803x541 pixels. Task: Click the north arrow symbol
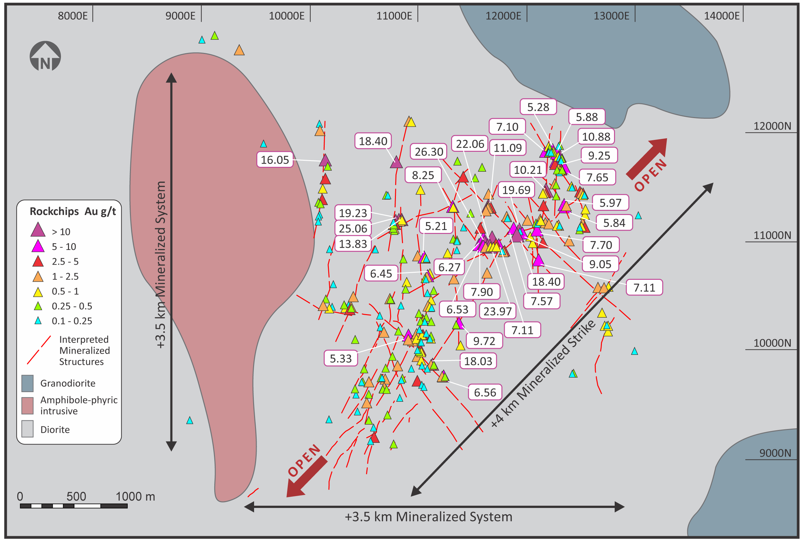pos(45,56)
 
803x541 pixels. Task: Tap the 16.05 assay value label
pos(275,160)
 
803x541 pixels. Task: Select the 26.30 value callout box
pos(428,152)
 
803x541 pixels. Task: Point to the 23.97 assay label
pos(497,311)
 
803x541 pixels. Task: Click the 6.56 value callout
pos(485,392)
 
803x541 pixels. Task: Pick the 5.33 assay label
pos(340,358)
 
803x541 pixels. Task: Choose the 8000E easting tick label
pos(73,16)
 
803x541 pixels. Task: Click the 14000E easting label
pos(722,16)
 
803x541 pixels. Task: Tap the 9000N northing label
pos(775,453)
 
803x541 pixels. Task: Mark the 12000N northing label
pos(772,126)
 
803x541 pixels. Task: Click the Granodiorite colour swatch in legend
pos(28,383)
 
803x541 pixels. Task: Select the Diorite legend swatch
pos(28,429)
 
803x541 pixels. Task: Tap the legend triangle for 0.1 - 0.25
pos(38,321)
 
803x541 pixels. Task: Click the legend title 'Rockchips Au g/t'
pos(73,211)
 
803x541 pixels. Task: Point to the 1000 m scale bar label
pos(135,496)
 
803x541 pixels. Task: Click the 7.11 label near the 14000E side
pos(644,288)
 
